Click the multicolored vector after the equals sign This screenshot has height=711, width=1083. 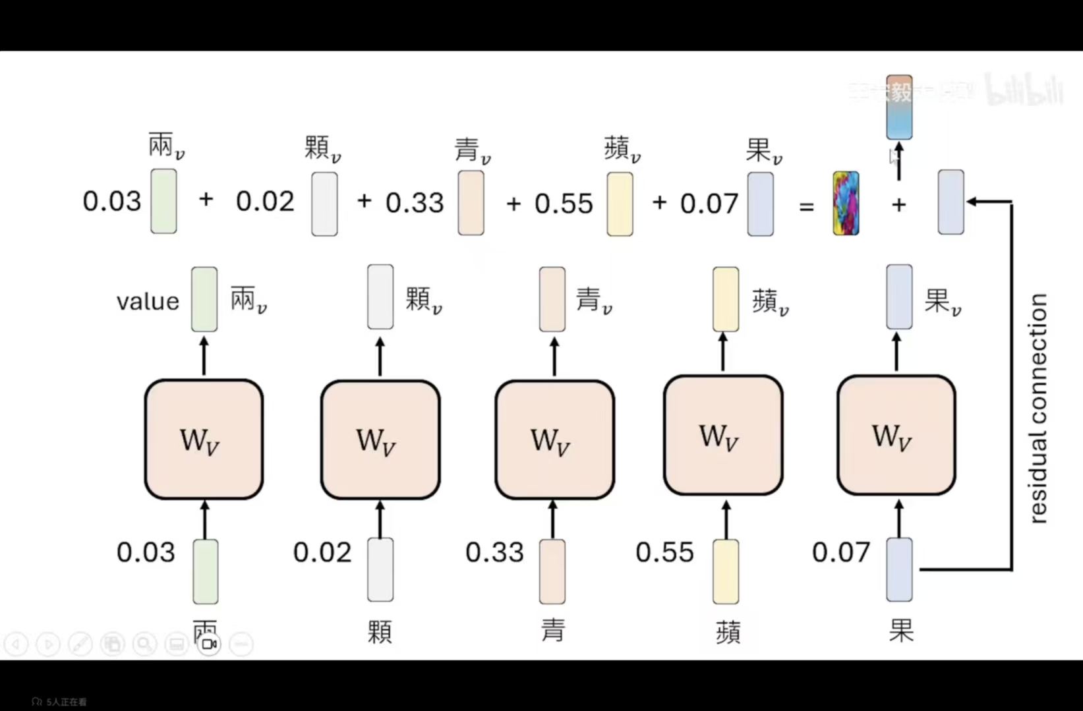[846, 204]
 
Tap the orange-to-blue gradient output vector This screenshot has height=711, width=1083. [899, 107]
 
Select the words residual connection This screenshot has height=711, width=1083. [1038, 409]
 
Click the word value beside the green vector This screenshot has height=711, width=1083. [148, 302]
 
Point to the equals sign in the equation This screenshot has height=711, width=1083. [806, 206]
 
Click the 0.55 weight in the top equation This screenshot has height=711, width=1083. [564, 204]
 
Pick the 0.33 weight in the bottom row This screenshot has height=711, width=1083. [494, 552]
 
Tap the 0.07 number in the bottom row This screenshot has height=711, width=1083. [841, 552]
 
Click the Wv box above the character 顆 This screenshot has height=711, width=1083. [380, 439]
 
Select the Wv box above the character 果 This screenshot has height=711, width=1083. [896, 435]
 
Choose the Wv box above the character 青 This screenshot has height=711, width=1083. [554, 439]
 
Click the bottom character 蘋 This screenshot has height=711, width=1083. [728, 632]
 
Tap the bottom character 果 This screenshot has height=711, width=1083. [901, 631]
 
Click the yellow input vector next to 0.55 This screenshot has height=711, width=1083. [726, 571]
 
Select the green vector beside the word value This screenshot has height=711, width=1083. [204, 299]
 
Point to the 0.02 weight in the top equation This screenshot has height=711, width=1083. [265, 201]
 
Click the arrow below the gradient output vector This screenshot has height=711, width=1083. [899, 161]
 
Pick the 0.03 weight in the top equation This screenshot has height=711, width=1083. [112, 201]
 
